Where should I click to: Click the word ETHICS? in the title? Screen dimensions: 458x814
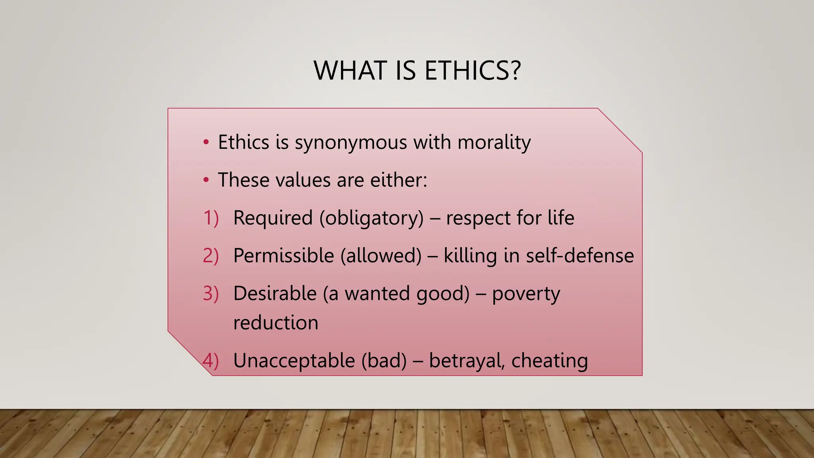472,71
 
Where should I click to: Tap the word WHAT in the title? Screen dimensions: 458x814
350,71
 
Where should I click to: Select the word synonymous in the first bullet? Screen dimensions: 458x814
351,143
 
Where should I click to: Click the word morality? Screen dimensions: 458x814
494,143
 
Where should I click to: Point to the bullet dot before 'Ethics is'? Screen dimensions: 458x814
206,142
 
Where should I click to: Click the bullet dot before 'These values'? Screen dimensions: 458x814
206,180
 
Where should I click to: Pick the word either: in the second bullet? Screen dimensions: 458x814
399,180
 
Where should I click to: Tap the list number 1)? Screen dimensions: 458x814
211,218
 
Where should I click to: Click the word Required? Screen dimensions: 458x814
273,218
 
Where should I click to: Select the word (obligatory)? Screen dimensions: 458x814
372,218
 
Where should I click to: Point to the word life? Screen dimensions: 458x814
561,218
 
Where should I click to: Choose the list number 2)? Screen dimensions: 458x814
211,256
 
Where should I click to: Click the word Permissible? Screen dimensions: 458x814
283,256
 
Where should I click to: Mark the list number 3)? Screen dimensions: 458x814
211,293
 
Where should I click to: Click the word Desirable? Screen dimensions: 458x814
275,293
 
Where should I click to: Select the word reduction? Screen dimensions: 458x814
276,323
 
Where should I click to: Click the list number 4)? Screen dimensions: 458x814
211,361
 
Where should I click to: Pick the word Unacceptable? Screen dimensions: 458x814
294,361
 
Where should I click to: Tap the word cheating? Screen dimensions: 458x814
549,361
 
